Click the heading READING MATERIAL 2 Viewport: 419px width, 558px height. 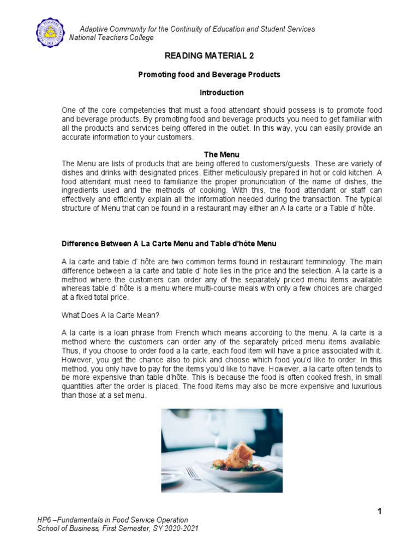(209, 56)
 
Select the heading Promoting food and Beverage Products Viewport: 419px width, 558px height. (209, 75)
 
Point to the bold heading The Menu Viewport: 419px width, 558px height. (221, 155)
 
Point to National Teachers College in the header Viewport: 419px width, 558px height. (111, 38)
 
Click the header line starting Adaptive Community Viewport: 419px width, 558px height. (197, 29)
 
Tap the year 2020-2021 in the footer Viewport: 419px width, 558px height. (181, 529)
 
